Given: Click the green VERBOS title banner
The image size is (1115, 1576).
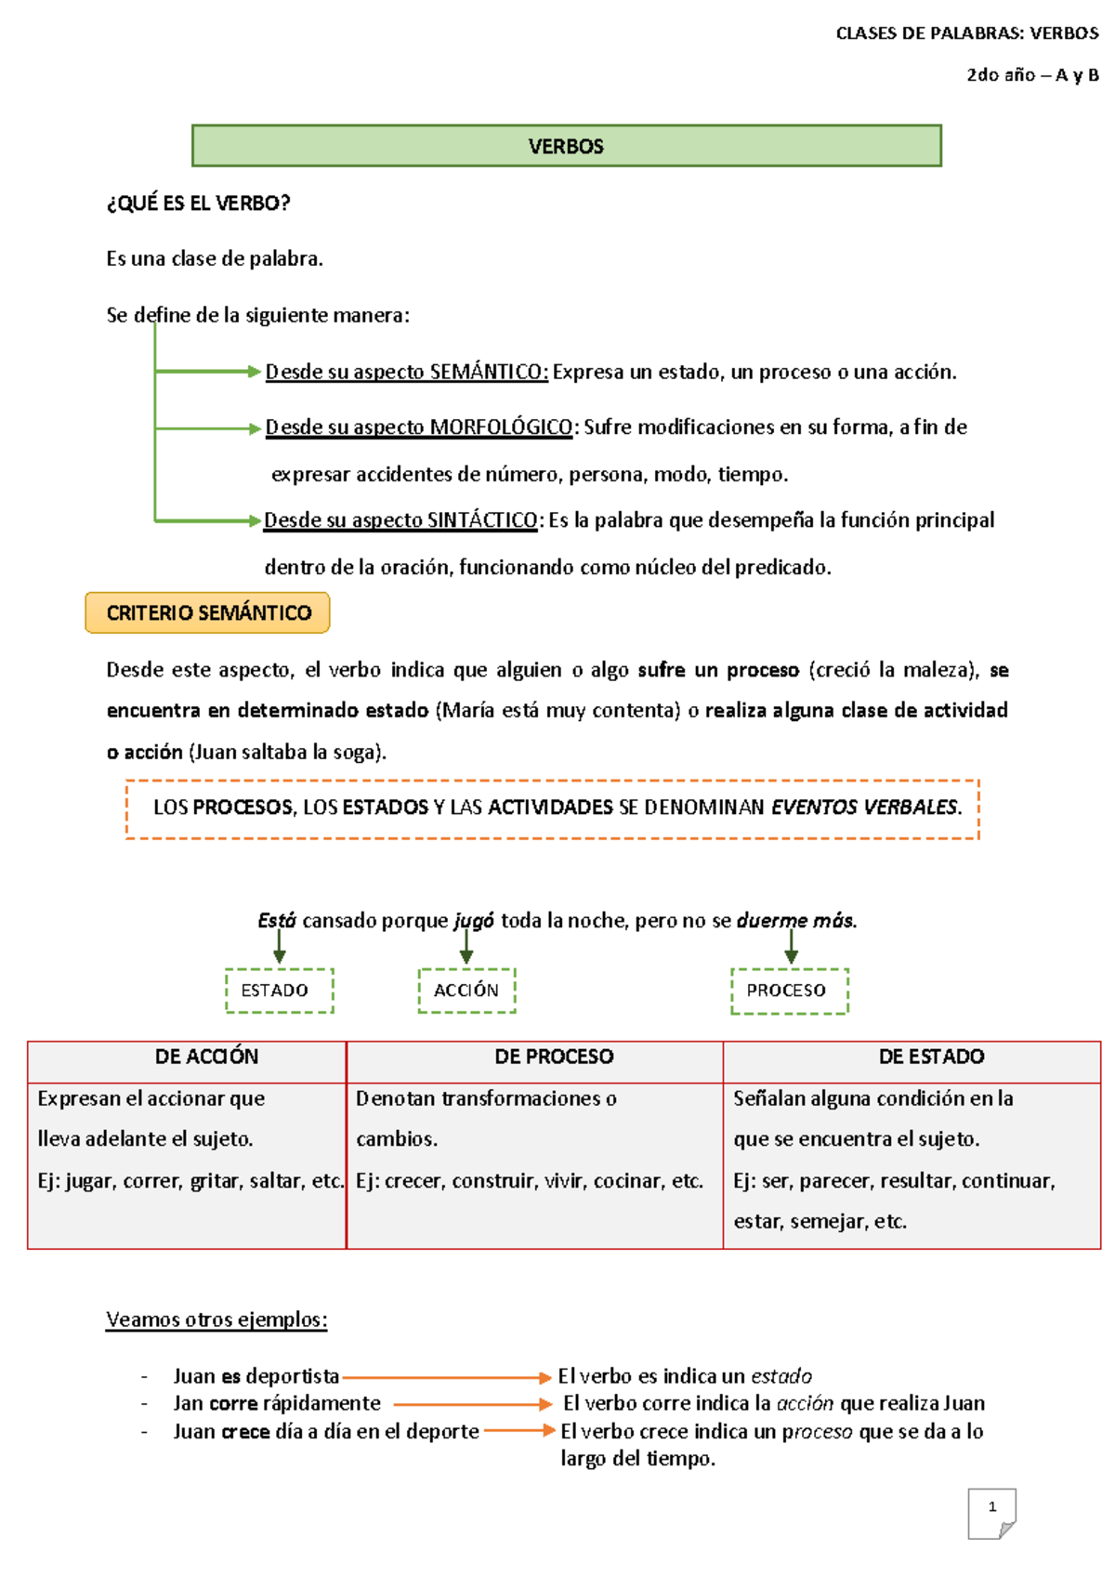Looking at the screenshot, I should (x=566, y=146).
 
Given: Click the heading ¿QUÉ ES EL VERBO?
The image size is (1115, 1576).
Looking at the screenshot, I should (x=198, y=204).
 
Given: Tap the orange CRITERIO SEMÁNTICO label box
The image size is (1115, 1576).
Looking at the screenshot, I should (x=208, y=613).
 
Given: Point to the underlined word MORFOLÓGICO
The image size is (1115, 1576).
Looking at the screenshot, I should (x=502, y=427).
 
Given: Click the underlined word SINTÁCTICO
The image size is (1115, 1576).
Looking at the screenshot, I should (x=482, y=520).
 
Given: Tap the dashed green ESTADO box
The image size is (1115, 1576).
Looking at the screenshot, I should (x=279, y=991).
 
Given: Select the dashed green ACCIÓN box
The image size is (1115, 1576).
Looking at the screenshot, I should (x=466, y=991).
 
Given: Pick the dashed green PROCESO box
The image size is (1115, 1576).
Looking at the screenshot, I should (x=789, y=991).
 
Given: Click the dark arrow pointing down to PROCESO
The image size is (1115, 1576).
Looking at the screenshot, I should (x=791, y=946).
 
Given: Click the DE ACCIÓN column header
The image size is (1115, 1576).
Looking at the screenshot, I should (x=206, y=1057).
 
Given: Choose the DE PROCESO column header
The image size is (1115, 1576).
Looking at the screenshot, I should (x=554, y=1057).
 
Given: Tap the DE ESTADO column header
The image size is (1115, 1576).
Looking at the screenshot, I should (x=931, y=1057).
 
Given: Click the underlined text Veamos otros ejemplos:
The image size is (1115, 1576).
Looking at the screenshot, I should (x=216, y=1320).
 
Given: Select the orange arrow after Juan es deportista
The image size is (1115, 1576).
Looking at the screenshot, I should (x=446, y=1377).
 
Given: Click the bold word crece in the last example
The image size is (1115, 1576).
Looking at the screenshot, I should (x=246, y=1432).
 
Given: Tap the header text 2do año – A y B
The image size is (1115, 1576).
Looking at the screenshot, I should (x=1031, y=75).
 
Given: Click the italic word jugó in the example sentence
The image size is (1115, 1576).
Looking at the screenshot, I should (x=474, y=921).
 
